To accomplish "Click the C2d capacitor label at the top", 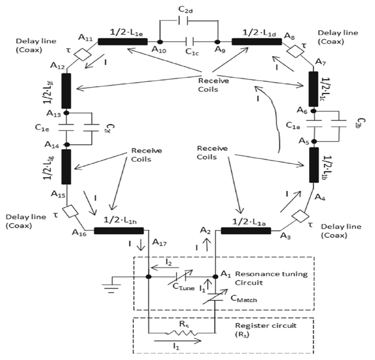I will click(189, 10).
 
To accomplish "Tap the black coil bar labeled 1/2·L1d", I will click(249, 41).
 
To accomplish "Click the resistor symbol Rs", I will click(181, 333).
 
